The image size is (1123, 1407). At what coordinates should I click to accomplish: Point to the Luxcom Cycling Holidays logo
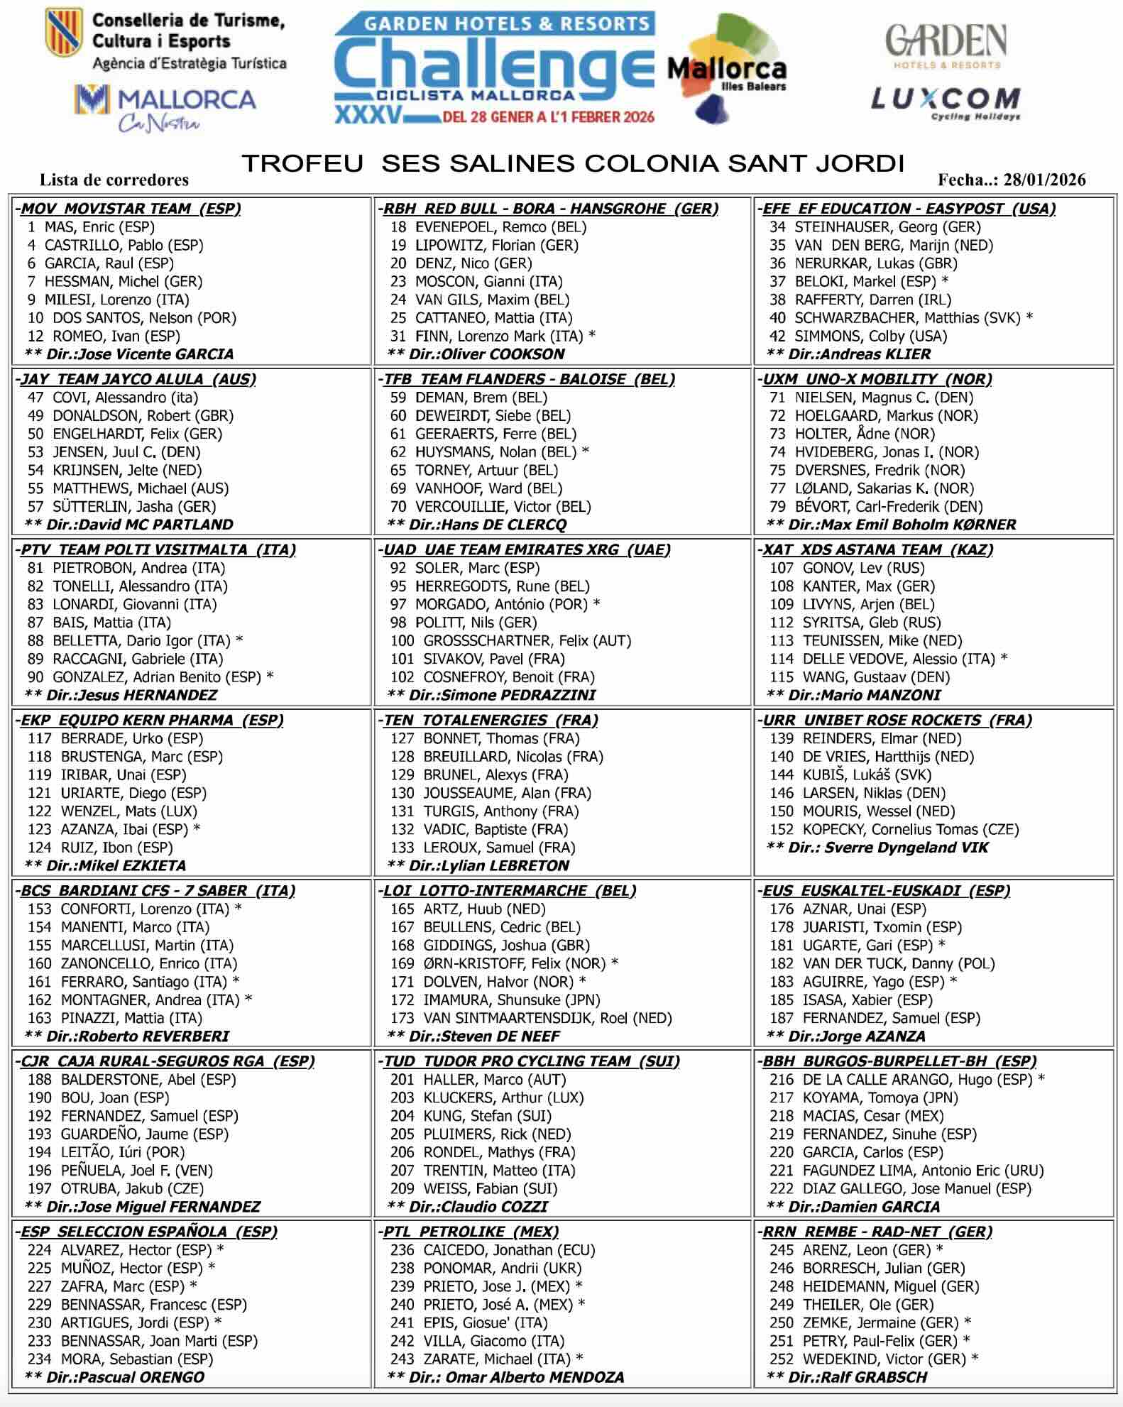point(946,103)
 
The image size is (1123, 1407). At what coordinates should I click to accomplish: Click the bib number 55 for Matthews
point(35,488)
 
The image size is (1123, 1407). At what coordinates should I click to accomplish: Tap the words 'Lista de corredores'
point(114,180)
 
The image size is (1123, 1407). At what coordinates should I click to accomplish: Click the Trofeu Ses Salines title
point(573,163)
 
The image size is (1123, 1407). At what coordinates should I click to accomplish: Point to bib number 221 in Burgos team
point(782,1170)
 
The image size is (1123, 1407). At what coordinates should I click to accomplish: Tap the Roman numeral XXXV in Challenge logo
point(368,115)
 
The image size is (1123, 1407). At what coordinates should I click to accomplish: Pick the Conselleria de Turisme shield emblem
point(63,32)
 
